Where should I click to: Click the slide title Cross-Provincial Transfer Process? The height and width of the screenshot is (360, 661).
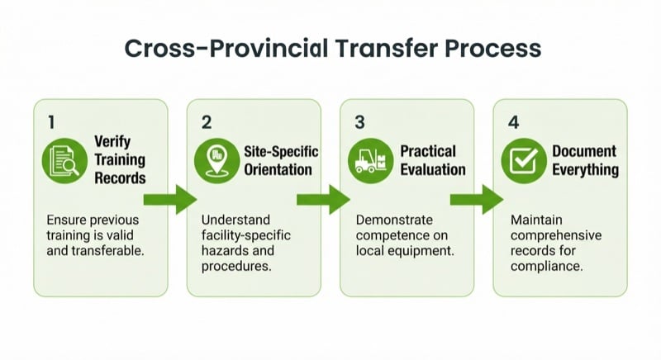332,48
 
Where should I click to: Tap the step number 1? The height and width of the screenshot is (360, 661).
50,122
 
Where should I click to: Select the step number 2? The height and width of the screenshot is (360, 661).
207,122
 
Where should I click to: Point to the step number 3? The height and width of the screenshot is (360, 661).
359,122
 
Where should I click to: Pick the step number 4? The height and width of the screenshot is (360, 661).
513,122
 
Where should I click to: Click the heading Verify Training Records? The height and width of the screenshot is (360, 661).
119,159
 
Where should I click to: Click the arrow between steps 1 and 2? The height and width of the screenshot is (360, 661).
169,199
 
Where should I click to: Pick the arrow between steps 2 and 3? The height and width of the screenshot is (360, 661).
323,199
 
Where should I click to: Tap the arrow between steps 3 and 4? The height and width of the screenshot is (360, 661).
477,199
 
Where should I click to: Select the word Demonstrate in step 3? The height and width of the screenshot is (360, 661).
393,220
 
